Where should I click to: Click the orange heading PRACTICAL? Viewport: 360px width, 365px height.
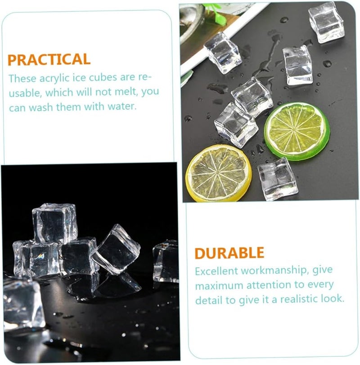click(x=49, y=59)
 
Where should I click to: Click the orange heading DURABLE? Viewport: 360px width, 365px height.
click(x=229, y=253)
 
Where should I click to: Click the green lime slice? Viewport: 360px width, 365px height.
click(x=297, y=131)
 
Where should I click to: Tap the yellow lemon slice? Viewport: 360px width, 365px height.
click(x=219, y=173)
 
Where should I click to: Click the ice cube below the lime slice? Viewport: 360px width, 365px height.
click(x=278, y=178)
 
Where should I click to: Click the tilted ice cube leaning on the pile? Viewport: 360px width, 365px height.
click(x=116, y=249)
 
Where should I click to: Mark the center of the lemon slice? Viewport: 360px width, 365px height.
click(x=219, y=173)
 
